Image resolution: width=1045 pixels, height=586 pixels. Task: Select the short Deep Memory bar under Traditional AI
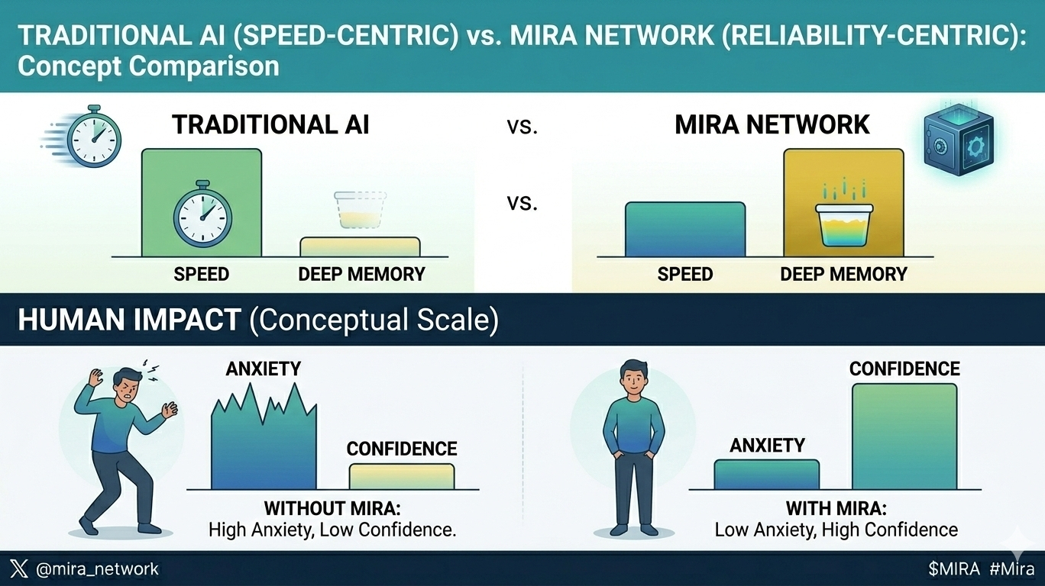click(x=360, y=247)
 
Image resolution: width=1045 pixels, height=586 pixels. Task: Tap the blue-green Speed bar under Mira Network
click(x=684, y=229)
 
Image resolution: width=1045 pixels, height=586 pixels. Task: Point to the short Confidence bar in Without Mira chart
click(x=402, y=476)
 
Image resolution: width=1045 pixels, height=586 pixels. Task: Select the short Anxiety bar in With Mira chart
click(x=766, y=474)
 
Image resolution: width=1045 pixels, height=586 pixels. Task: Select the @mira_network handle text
click(x=97, y=568)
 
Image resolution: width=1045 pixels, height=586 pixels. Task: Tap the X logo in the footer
click(x=20, y=568)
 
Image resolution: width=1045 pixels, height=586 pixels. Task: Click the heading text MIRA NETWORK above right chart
click(x=772, y=125)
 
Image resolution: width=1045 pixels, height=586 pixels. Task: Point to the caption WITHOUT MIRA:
click(x=332, y=508)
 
